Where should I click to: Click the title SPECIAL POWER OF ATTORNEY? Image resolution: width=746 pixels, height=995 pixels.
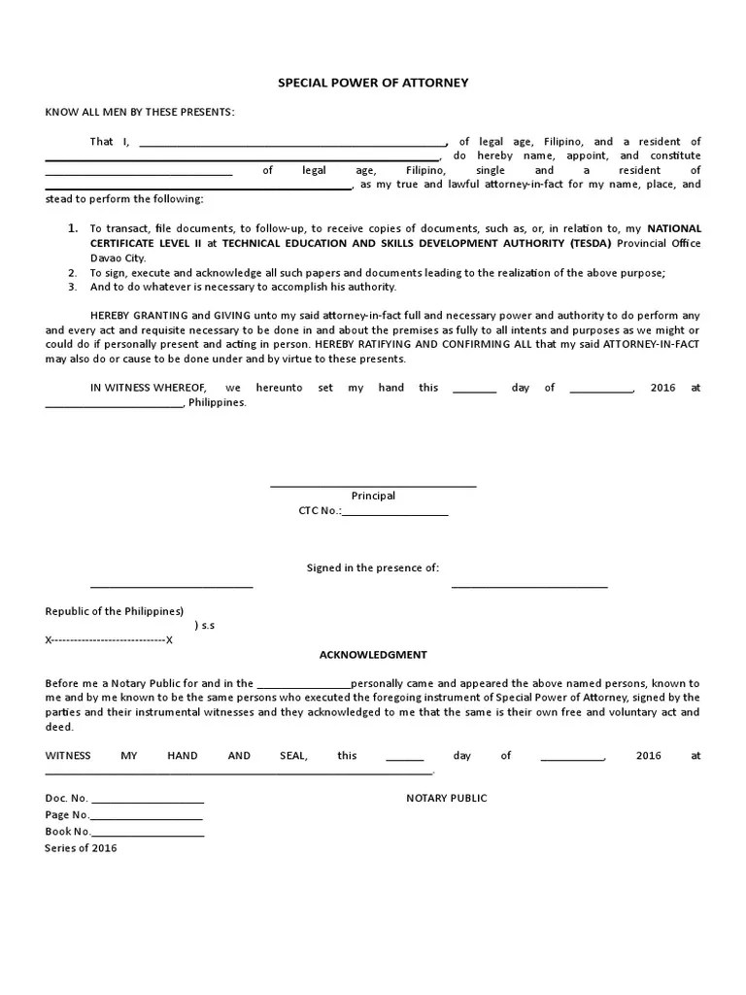coord(373,83)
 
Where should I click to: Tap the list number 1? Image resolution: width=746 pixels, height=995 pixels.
coord(72,227)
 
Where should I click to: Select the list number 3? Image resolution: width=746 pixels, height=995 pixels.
coord(72,287)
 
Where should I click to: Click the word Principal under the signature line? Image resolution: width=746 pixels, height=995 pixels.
coord(373,496)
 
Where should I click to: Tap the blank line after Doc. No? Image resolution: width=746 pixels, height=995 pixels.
coord(147,801)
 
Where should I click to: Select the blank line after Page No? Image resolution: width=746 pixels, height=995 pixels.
coord(148,817)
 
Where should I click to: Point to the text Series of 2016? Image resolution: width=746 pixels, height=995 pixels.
coord(81,847)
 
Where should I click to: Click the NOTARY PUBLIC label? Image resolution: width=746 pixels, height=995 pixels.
coord(446,798)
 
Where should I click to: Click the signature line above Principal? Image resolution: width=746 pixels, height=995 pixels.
coord(373,485)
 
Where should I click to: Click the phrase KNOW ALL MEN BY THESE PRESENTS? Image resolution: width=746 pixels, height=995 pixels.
coord(140,112)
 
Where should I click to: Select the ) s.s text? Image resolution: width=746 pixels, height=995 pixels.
coord(204,626)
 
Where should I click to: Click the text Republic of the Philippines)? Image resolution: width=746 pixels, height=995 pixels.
coord(115,611)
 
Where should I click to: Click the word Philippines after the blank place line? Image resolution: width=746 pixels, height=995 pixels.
coord(218,401)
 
